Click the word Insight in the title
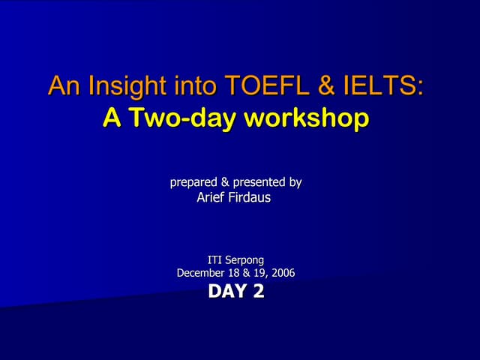(117, 86)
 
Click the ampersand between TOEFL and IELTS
(325, 86)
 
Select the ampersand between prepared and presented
(223, 182)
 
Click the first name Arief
(211, 197)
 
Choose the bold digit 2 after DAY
(259, 291)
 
